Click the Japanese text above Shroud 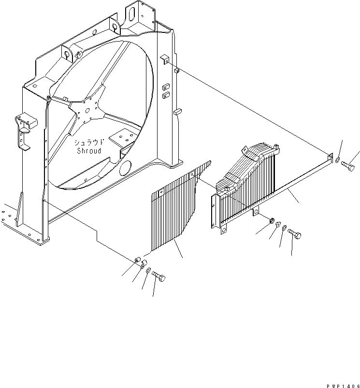[88, 143]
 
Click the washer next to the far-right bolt [338, 160]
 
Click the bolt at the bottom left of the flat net [158, 276]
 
